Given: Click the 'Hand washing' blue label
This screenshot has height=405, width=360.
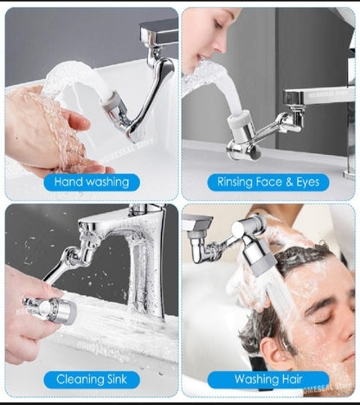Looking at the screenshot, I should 91,183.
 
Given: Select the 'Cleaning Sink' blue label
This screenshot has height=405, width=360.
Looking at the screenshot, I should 91,379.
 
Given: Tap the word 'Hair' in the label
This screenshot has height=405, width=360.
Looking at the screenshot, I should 293,379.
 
